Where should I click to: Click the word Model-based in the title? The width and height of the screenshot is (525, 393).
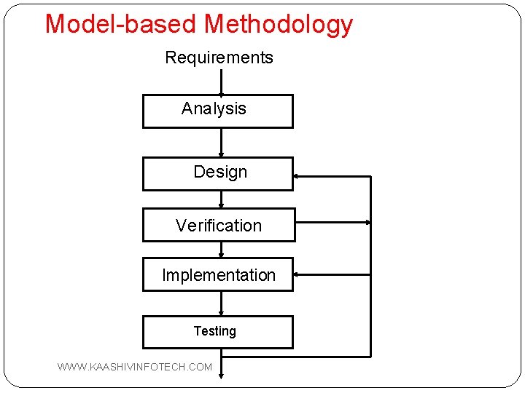(x=122, y=24)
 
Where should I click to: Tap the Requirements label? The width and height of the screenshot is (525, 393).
(x=219, y=57)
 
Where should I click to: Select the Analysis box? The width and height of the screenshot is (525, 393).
(x=217, y=111)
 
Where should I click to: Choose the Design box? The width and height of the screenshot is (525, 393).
(x=217, y=173)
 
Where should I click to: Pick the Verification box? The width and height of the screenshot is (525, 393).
(x=218, y=225)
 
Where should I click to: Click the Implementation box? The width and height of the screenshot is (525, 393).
(x=217, y=275)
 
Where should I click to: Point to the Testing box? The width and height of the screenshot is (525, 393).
(x=217, y=332)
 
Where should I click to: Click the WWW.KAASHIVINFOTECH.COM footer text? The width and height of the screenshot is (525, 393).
(x=135, y=367)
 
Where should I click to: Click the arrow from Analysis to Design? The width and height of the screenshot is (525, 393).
(x=221, y=143)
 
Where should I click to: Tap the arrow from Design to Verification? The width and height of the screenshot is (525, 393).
(x=221, y=199)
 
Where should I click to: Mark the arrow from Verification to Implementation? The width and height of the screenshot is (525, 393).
(x=221, y=250)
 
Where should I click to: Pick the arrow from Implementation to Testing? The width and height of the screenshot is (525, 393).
(x=221, y=303)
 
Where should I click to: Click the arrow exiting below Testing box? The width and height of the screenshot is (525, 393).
(x=221, y=363)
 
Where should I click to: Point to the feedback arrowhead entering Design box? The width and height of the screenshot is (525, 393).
(x=297, y=176)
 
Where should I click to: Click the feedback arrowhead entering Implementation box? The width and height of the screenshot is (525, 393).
(x=297, y=275)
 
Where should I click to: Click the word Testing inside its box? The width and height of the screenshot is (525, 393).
(x=214, y=331)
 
